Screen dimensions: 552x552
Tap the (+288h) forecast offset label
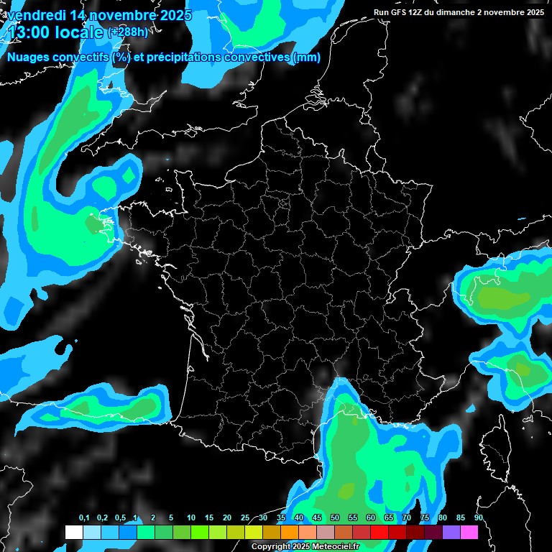[x=127, y=32]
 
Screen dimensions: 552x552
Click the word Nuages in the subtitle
[x=28, y=57]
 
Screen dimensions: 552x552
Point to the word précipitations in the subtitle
[x=180, y=57]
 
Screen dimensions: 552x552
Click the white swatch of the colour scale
[x=73, y=533]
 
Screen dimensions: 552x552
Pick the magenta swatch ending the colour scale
[x=469, y=533]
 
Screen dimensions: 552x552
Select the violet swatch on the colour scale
[x=451, y=533]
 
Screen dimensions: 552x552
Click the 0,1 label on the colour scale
[x=83, y=518]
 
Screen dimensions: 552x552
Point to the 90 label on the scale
[x=478, y=518]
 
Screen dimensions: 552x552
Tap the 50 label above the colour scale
[x=335, y=518]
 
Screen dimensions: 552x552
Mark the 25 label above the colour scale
[x=245, y=518]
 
